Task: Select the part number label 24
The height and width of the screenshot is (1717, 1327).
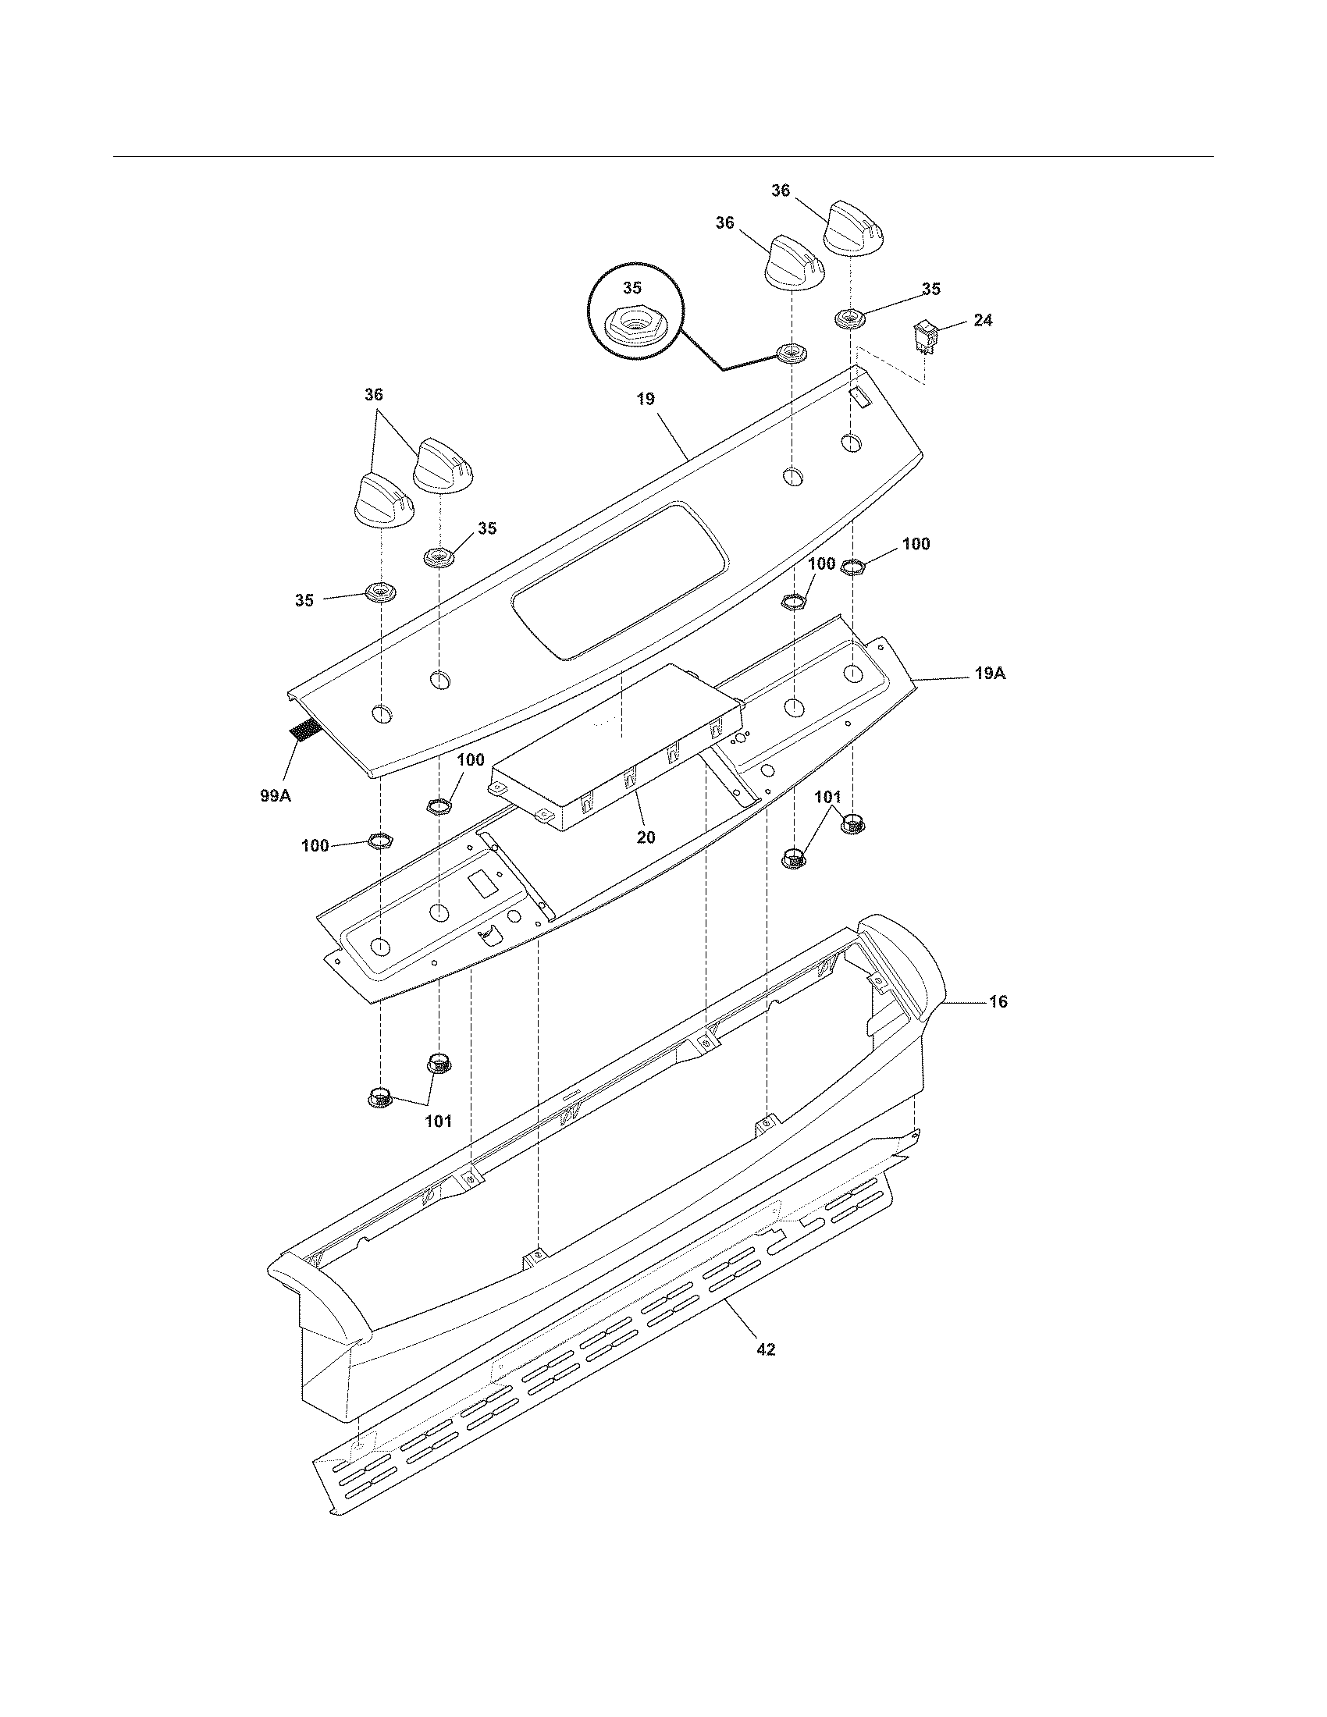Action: point(982,320)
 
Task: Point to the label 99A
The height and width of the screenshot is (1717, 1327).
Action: point(275,795)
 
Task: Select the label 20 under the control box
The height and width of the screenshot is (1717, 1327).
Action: point(645,837)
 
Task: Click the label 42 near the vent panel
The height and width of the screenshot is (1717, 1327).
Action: point(765,1349)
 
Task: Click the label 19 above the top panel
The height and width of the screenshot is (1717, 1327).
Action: point(645,399)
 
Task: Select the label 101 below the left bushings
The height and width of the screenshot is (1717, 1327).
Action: point(438,1122)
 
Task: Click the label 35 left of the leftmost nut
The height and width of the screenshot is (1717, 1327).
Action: point(304,601)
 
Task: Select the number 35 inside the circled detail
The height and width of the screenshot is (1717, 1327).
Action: point(632,288)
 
